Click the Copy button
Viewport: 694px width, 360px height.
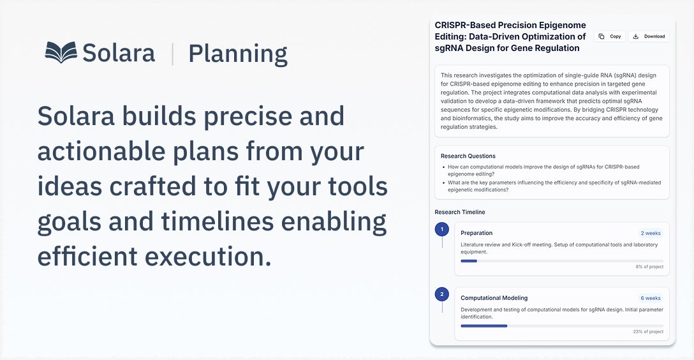[609, 36]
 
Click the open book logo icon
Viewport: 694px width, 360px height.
[61, 52]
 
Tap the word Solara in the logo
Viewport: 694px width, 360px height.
[119, 53]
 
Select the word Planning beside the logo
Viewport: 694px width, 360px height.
[238, 54]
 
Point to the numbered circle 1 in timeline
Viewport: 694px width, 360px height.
[441, 229]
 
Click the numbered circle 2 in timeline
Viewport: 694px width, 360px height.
[441, 294]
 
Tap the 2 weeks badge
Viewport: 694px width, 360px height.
[651, 233]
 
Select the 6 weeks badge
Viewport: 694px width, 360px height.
[651, 298]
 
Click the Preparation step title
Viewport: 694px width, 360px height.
[476, 233]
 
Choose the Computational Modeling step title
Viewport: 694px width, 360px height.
[494, 298]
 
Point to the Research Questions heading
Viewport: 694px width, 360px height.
[468, 156]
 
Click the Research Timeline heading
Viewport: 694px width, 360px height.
[460, 212]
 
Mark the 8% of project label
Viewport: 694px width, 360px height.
[649, 267]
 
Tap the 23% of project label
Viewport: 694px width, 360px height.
[648, 332]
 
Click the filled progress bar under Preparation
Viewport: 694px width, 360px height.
[469, 261]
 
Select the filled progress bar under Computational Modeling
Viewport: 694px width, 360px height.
[484, 326]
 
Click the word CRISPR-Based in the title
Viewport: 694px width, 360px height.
[463, 26]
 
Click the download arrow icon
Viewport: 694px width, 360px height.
[635, 36]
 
